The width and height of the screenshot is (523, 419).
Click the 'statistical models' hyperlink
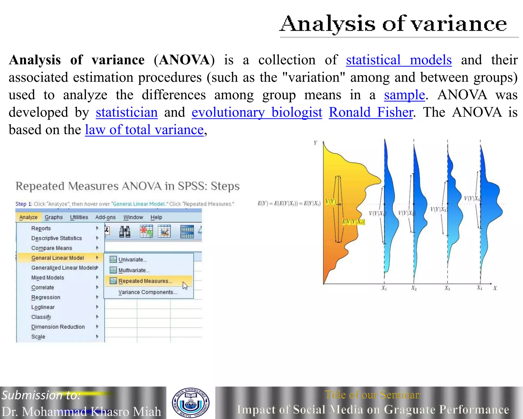(399, 60)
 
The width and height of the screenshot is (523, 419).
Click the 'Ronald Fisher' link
(371, 113)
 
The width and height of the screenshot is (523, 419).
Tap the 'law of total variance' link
(144, 130)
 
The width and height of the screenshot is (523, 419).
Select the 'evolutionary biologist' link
(257, 113)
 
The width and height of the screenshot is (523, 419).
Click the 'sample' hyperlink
(405, 95)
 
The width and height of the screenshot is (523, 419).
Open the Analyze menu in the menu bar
(28, 217)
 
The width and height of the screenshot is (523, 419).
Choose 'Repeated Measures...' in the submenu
(145, 281)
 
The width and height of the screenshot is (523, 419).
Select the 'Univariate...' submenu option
(133, 260)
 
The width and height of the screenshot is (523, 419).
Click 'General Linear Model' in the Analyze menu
(57, 258)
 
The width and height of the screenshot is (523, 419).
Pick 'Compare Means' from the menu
(52, 248)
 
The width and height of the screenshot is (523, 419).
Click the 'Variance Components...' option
(148, 292)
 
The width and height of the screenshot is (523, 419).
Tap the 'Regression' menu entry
(46, 297)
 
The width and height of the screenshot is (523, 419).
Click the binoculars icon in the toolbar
(125, 232)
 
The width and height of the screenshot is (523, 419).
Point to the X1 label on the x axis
(384, 288)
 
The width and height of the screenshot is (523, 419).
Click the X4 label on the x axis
(479, 288)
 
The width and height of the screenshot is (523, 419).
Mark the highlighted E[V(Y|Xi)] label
(354, 222)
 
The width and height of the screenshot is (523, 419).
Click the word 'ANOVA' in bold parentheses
(184, 60)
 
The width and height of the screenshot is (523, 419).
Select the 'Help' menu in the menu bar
(156, 217)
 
